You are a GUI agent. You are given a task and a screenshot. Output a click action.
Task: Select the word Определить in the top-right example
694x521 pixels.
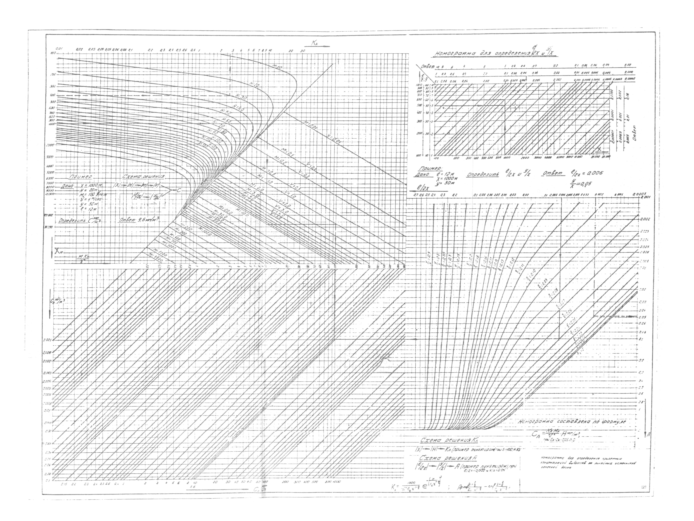point(483,175)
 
